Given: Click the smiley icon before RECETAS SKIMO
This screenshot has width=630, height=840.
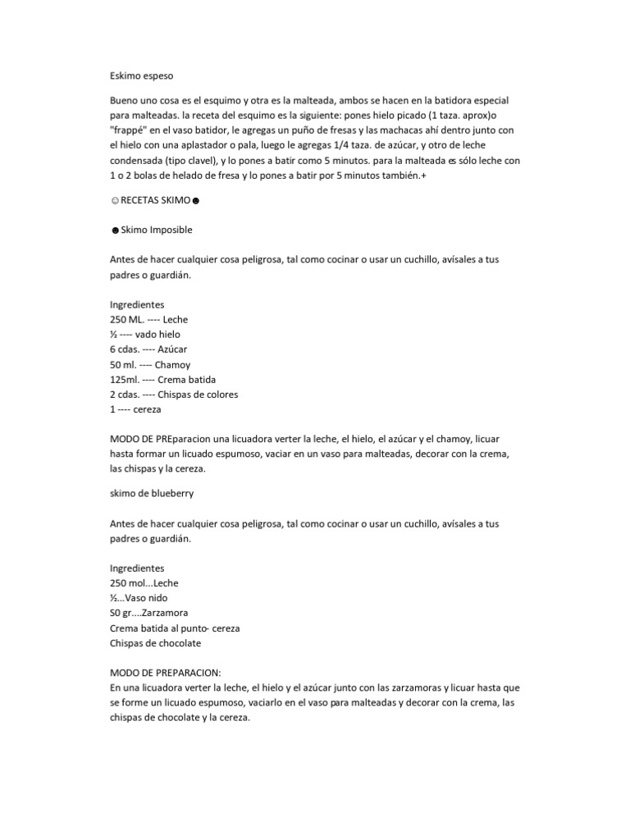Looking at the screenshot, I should coord(113,201).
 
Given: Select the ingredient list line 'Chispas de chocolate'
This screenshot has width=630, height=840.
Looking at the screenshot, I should coord(155,643).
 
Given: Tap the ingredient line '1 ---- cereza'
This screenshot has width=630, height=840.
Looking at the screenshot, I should coord(136,409).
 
